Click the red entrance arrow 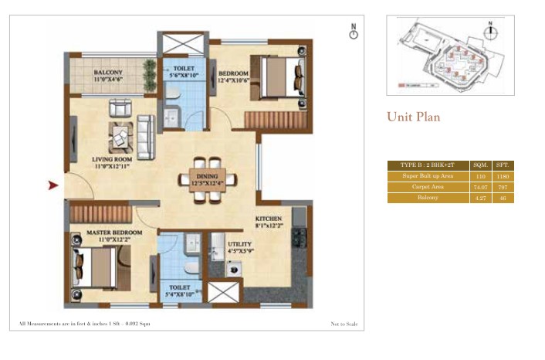53,185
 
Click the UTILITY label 239,246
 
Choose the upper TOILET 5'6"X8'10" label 184,71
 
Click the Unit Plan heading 413,117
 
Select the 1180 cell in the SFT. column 503,176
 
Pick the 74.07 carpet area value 480,187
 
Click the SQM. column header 480,165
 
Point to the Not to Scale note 346,323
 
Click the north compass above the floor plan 354,31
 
